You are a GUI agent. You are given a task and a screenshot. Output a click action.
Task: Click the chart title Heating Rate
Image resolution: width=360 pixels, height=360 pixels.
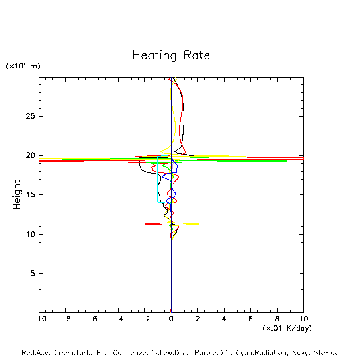tap(171, 55)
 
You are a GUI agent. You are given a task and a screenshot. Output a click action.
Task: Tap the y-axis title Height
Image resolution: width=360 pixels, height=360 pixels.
tap(17, 195)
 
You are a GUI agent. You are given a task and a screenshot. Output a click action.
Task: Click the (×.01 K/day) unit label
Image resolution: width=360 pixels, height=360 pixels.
tap(287, 328)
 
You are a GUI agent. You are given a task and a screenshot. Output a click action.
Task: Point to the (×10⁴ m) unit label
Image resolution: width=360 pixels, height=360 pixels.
tap(23, 66)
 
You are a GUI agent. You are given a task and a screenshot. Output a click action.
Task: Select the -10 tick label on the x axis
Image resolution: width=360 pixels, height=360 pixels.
tap(39, 319)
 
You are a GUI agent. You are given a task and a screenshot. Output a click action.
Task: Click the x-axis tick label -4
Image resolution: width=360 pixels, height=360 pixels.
tap(118, 319)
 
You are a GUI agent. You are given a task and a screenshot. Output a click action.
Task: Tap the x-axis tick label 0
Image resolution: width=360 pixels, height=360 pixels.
tap(171, 319)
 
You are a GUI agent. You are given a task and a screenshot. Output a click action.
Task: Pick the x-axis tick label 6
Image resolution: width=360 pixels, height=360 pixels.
tap(250, 319)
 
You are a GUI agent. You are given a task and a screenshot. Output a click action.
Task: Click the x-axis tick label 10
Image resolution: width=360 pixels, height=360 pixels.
tap(303, 319)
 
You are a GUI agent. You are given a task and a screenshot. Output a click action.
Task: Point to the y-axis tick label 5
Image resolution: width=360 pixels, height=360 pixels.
tap(33, 274)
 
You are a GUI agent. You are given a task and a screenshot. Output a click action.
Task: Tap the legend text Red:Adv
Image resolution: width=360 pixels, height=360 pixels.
tap(35, 353)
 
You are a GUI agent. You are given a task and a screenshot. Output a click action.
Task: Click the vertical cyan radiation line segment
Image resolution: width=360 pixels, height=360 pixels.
tap(158, 179)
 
